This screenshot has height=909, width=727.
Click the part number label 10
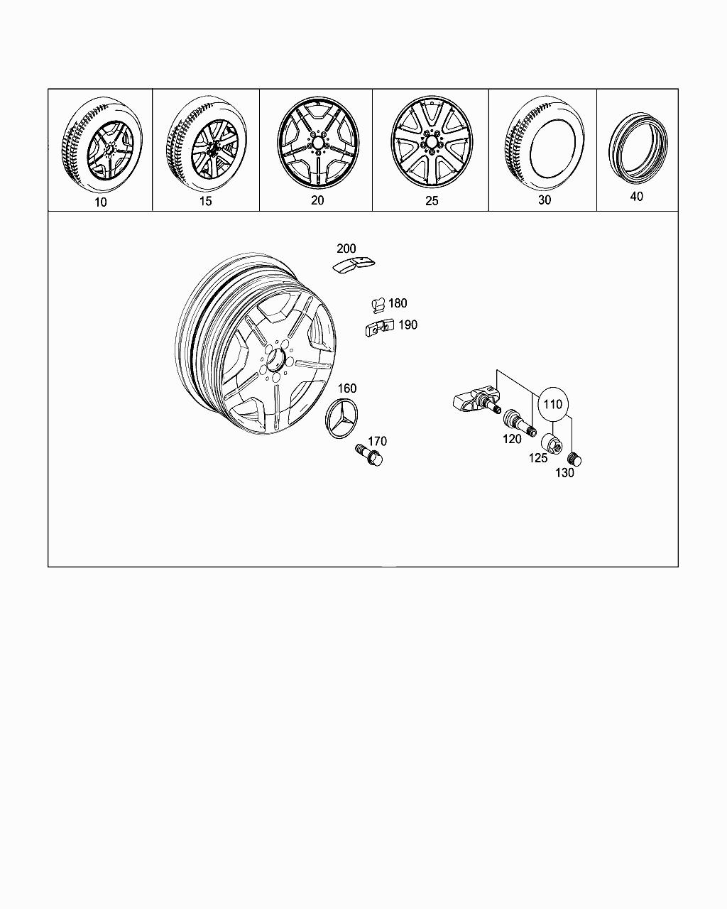click(101, 202)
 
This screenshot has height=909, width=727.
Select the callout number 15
click(205, 201)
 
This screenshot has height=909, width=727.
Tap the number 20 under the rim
click(317, 200)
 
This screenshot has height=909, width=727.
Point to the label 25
click(432, 201)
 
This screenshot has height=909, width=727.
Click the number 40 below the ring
click(637, 197)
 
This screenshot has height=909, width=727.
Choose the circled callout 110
click(553, 404)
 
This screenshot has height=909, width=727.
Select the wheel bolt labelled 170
click(370, 454)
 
